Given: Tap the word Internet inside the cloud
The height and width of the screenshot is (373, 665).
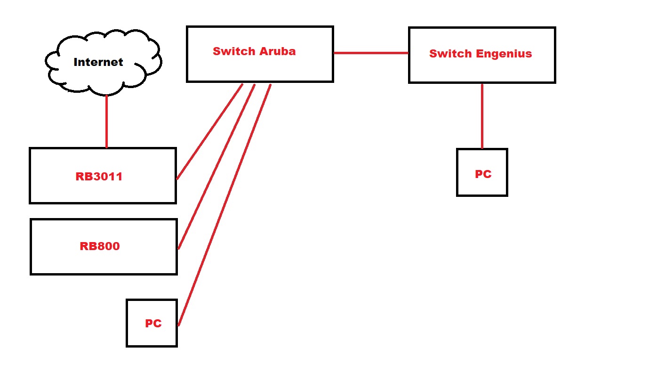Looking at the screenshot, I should pyautogui.click(x=98, y=62).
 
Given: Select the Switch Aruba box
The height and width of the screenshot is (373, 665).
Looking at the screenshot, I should pyautogui.click(x=260, y=68).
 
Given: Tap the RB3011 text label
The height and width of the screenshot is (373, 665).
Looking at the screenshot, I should pyautogui.click(x=99, y=177).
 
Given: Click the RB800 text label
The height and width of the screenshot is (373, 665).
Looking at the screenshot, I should pyautogui.click(x=100, y=246).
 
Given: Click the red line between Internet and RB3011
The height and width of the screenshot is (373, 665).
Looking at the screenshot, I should pyautogui.click(x=106, y=122).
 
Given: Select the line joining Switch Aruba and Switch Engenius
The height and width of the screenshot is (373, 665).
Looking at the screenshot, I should pyautogui.click(x=371, y=53).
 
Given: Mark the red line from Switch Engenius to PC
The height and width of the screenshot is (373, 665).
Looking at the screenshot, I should pyautogui.click(x=482, y=116).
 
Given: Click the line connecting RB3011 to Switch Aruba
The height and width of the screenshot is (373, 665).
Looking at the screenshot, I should pyautogui.click(x=209, y=132).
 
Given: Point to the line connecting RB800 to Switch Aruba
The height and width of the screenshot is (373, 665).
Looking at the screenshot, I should pyautogui.click(x=216, y=166).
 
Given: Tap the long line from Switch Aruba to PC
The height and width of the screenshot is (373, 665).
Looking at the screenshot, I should pyautogui.click(x=225, y=204).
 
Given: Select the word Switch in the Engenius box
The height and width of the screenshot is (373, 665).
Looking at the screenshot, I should pyautogui.click(x=450, y=54).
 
